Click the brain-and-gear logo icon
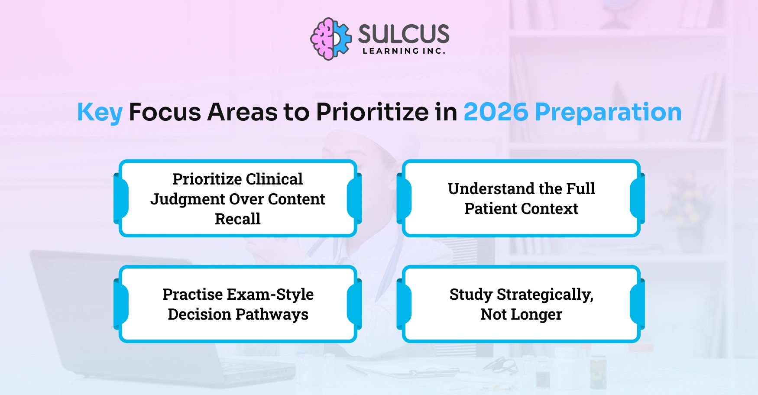click(x=331, y=39)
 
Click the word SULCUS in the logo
click(x=404, y=34)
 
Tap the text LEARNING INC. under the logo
click(x=404, y=51)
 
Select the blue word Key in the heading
click(x=100, y=112)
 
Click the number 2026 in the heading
click(x=496, y=112)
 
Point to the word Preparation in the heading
click(x=608, y=112)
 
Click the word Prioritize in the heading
click(x=372, y=112)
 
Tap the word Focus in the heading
click(x=165, y=112)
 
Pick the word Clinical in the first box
click(x=274, y=179)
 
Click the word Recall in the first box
click(x=238, y=219)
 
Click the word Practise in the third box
click(x=192, y=295)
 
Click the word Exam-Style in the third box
click(x=270, y=295)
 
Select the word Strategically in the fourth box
click(x=545, y=295)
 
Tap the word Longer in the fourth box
click(x=536, y=314)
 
